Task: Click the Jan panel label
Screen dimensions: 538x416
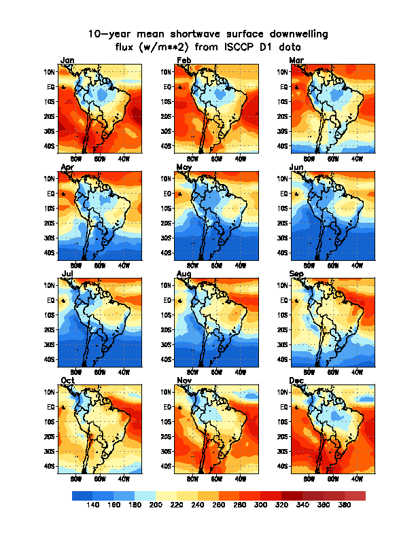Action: coord(67,60)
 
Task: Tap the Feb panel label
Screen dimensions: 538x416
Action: coord(184,60)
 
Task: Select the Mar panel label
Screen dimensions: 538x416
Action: coord(296,60)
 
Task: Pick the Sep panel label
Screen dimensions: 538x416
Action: coord(297,273)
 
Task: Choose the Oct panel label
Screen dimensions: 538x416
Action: coord(67,380)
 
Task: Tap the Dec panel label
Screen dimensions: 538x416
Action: coord(297,380)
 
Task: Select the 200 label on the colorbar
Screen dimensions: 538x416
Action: coord(156,505)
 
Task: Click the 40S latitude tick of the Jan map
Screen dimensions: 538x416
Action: coord(50,146)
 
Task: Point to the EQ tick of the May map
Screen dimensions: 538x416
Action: coord(165,194)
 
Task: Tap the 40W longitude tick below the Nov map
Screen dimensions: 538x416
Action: coord(241,478)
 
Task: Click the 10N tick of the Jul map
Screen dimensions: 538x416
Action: coord(50,285)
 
